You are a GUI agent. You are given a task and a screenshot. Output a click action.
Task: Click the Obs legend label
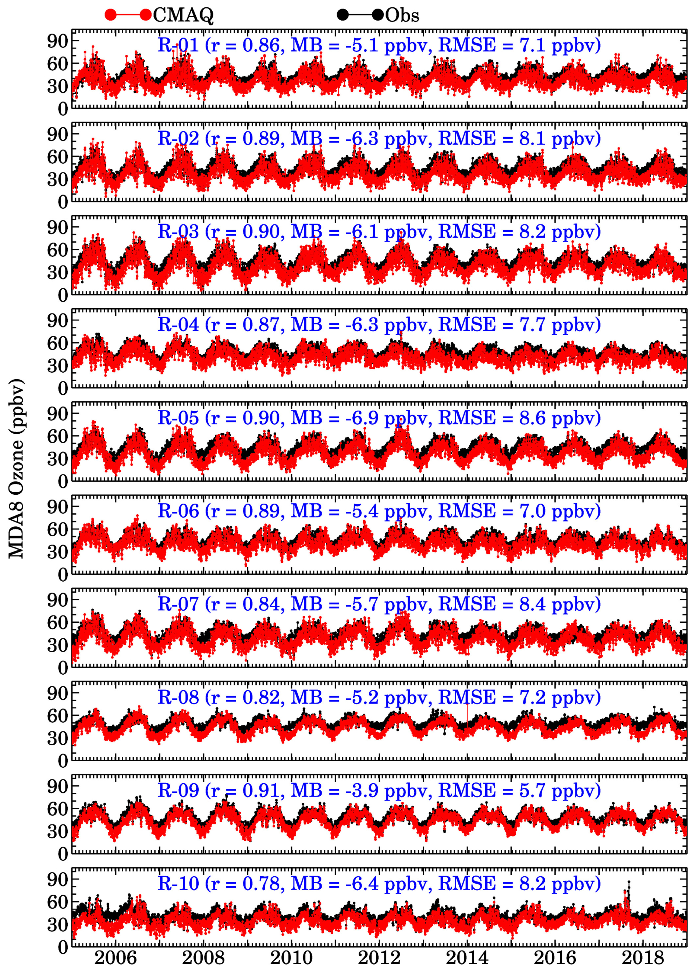click(402, 15)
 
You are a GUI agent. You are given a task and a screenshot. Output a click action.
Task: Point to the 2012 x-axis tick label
click(379, 958)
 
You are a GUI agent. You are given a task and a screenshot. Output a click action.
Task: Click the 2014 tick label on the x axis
click(467, 958)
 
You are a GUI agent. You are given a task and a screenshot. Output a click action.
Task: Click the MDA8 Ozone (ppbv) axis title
click(16, 469)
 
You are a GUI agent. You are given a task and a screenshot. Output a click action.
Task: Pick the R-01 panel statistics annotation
click(379, 45)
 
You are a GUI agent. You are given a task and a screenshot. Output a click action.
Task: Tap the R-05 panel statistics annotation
click(379, 418)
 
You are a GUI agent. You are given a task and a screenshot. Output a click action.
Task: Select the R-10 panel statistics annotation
click(379, 884)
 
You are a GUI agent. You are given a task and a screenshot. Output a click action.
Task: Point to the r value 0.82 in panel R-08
click(261, 697)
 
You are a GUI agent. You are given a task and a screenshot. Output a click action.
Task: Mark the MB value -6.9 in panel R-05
click(362, 418)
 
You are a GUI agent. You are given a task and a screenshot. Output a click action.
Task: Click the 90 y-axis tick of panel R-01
click(57, 42)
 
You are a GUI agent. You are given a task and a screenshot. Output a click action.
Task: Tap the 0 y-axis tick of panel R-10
click(63, 947)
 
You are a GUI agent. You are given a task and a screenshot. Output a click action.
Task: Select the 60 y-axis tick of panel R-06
click(57, 530)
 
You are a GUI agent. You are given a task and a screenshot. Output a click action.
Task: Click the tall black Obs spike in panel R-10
click(629, 895)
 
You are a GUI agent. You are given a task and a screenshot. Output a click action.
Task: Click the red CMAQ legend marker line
click(128, 15)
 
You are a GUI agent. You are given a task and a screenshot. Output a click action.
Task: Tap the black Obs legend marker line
click(360, 15)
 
